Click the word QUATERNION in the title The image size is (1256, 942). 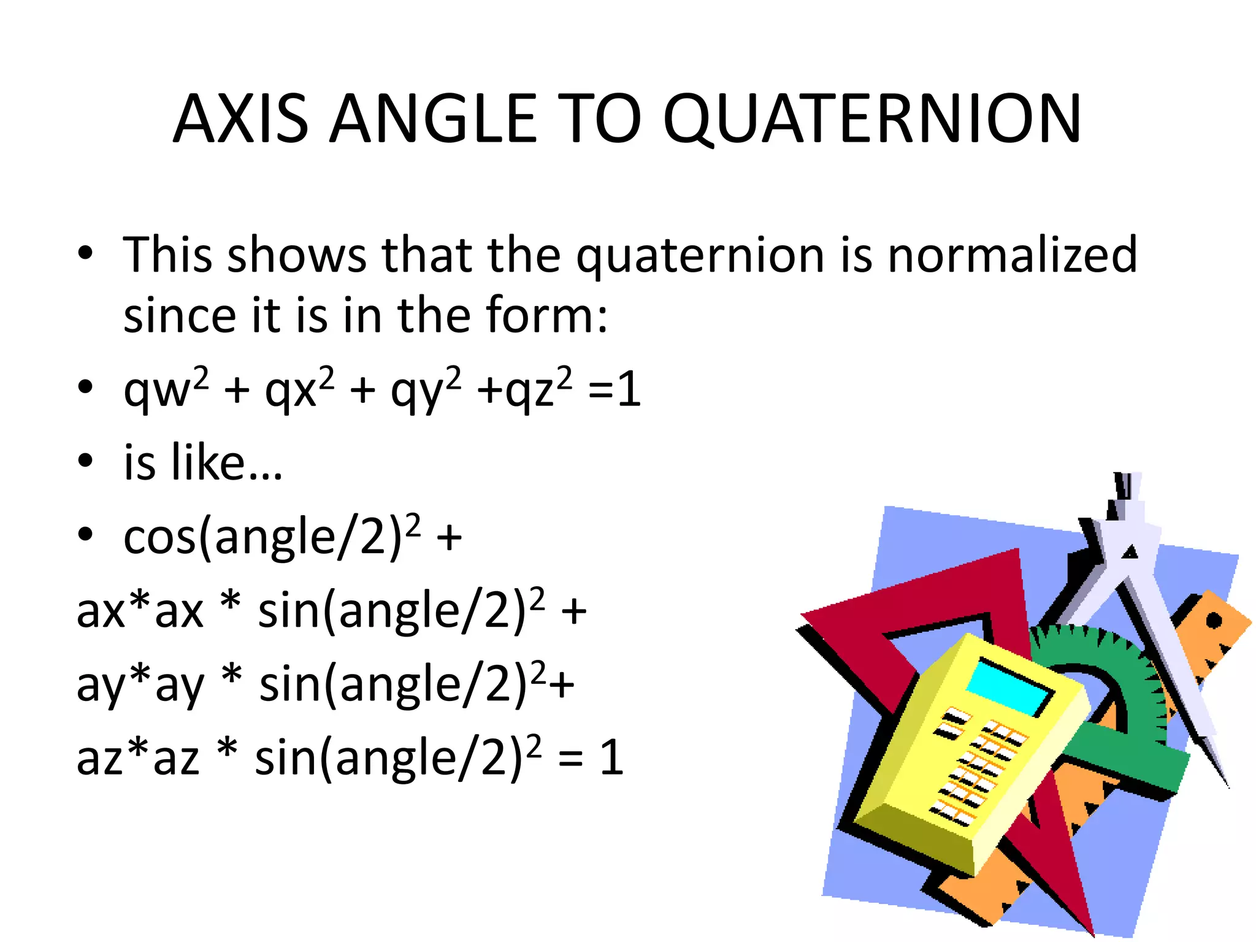coord(872,120)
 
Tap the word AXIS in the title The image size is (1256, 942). coord(240,120)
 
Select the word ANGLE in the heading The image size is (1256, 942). coord(434,120)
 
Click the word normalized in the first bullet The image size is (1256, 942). coord(1013,255)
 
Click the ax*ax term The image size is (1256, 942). coord(140,610)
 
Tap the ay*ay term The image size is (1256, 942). coord(140,684)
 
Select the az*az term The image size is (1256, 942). coord(138,758)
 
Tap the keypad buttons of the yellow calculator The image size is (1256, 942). coord(975,767)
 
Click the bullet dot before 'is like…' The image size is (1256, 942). coord(85,461)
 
